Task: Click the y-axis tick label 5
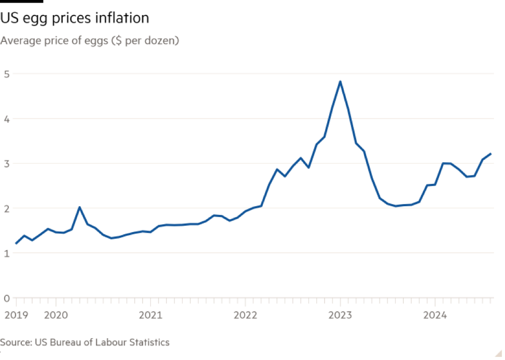pos(6,74)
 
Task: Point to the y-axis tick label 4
pos(6,119)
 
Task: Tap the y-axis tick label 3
pos(6,164)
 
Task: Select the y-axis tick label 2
pos(6,208)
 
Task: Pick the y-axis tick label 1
pos(6,253)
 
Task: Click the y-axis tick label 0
pos(6,298)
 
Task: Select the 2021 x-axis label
pos(150,315)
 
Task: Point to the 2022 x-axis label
pos(245,315)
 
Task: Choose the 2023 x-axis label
pos(340,315)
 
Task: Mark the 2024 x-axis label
pos(435,315)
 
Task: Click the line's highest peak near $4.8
pos(340,81)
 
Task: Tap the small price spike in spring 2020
pos(79,207)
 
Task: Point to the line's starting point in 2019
pos(15,243)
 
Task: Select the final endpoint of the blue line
pos(490,153)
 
